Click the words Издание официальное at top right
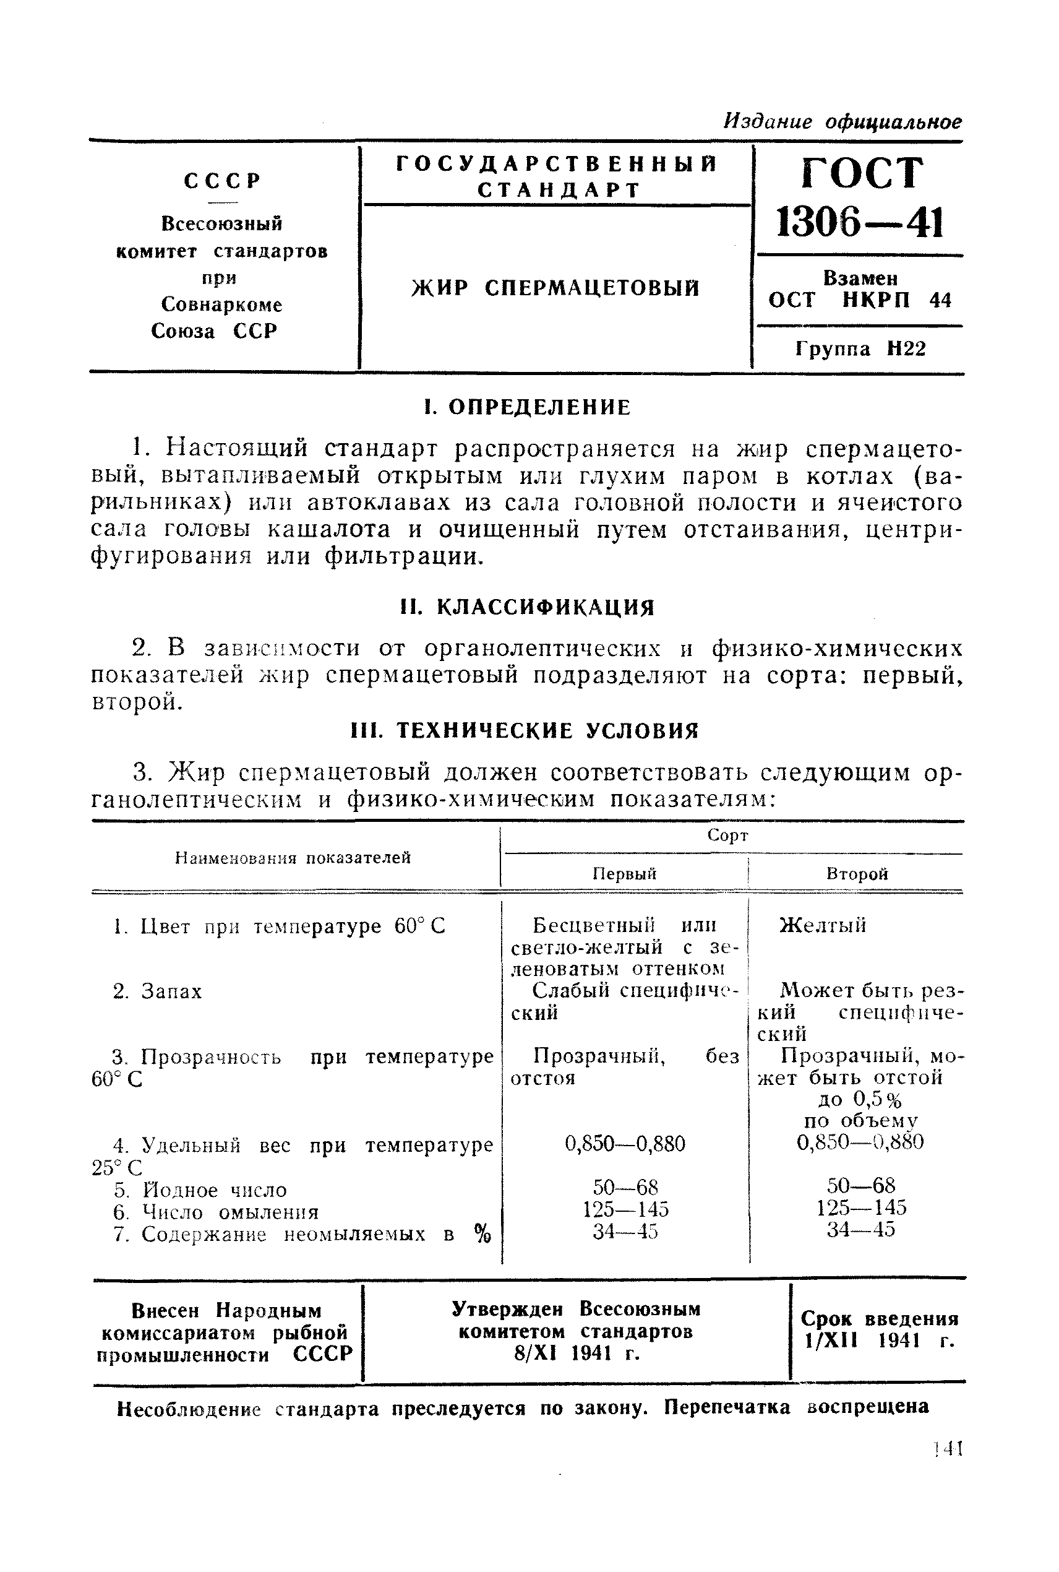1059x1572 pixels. (842, 121)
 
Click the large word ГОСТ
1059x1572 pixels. (861, 173)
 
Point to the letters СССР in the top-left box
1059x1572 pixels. (222, 181)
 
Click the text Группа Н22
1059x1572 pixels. (860, 348)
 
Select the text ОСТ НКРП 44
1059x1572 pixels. (860, 300)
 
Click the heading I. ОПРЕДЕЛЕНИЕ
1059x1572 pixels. (527, 407)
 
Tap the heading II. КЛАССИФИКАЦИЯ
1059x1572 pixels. (527, 607)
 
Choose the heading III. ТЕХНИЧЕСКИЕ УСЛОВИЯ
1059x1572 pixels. (525, 730)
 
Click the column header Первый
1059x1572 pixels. (624, 873)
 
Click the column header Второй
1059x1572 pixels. (856, 873)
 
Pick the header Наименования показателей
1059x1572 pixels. (293, 857)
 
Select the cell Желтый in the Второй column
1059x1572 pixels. (823, 925)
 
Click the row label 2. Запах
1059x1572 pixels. (157, 991)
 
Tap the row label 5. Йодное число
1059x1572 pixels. (200, 1190)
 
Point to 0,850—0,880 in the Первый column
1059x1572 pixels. (625, 1144)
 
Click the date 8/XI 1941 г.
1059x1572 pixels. (576, 1354)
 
